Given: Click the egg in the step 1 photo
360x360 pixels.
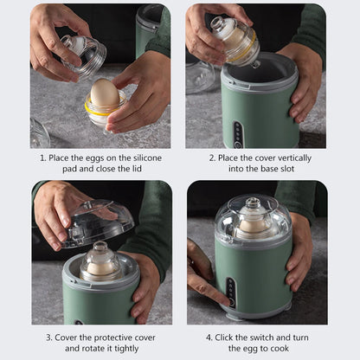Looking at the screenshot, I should click(105, 93).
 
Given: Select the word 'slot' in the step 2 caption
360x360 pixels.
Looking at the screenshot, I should click(293, 170).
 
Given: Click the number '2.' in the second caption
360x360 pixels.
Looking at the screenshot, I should click(212, 157).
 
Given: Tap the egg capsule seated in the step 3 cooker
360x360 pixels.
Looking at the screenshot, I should click(100, 264).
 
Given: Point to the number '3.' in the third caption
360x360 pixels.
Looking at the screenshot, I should click(48, 336).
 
